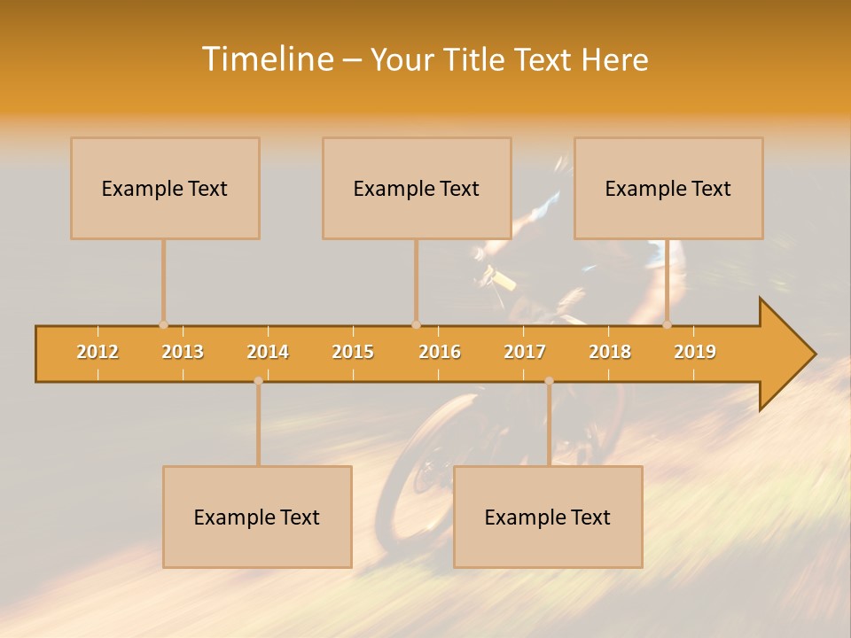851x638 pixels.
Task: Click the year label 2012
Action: coord(98,352)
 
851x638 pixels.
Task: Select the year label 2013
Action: coord(183,352)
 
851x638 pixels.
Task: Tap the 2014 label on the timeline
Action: coord(268,352)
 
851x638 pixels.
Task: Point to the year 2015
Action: coord(353,352)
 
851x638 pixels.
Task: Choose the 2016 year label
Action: coord(440,352)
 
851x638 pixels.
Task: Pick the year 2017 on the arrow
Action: coord(525,352)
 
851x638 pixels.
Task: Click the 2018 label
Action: coord(610,352)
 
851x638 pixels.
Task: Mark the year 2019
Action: coord(695,352)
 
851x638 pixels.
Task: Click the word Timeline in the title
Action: coord(266,59)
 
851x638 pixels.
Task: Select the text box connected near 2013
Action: coord(165,188)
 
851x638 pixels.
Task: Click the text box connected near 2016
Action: coord(417,188)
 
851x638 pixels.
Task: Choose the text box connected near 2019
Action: coord(668,188)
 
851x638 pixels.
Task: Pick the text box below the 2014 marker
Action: coord(257,517)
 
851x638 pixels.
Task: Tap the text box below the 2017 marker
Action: coord(548,517)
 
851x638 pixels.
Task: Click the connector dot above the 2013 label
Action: coord(163,325)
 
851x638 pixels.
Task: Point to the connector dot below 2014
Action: coord(258,381)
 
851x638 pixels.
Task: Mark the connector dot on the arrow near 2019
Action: coord(668,325)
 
